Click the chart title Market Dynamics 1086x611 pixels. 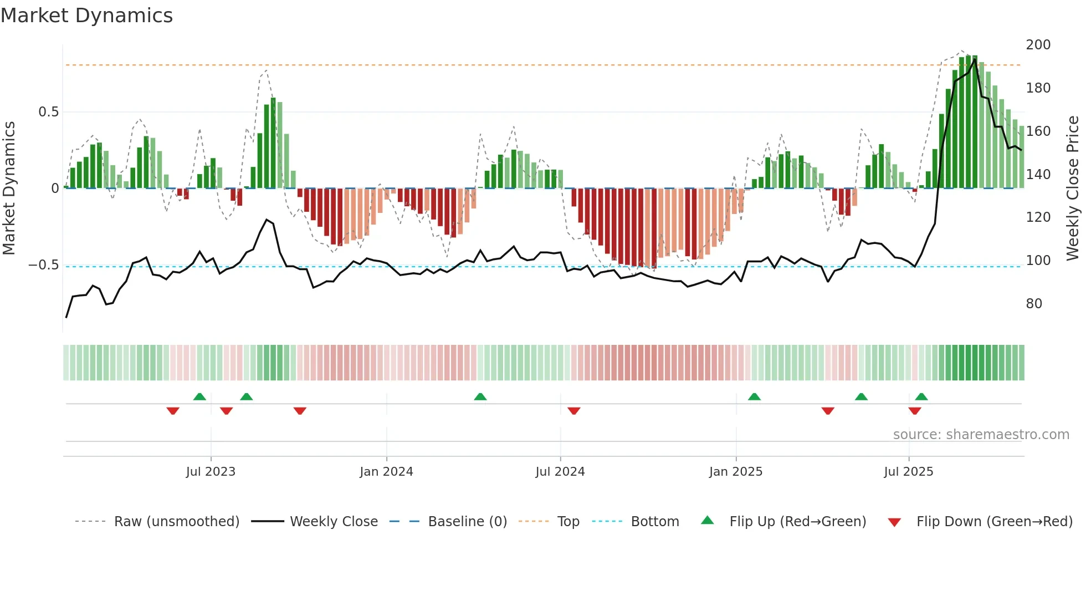point(86,16)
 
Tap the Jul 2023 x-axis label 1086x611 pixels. point(211,472)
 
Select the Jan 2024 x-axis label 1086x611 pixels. point(386,472)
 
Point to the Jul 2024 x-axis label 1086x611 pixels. point(560,472)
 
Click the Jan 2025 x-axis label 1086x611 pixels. point(735,472)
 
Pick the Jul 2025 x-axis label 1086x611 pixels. point(908,472)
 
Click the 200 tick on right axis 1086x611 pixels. point(1038,45)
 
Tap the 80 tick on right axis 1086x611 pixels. point(1034,304)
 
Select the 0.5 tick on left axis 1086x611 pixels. point(48,112)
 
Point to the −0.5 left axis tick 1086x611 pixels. point(44,265)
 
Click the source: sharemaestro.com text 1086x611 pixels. point(981,435)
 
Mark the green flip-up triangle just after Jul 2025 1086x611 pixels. point(921,397)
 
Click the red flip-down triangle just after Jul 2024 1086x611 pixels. point(573,410)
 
